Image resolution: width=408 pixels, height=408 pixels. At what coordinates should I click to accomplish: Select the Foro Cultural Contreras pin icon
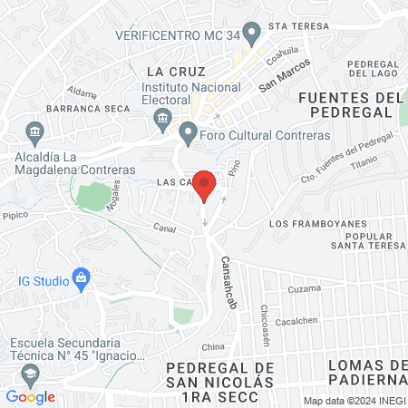188,134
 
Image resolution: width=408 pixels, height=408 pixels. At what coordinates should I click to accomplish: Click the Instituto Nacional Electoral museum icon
163,116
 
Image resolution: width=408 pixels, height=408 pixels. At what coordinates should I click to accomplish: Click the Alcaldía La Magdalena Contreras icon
35,131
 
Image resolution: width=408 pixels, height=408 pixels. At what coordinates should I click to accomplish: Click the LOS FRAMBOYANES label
318,223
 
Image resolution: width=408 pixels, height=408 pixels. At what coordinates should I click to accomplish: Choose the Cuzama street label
306,288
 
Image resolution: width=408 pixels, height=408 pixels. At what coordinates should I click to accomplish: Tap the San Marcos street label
284,75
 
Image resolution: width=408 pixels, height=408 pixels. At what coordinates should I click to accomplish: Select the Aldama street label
82,92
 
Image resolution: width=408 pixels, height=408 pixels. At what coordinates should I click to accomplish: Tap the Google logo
30,396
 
